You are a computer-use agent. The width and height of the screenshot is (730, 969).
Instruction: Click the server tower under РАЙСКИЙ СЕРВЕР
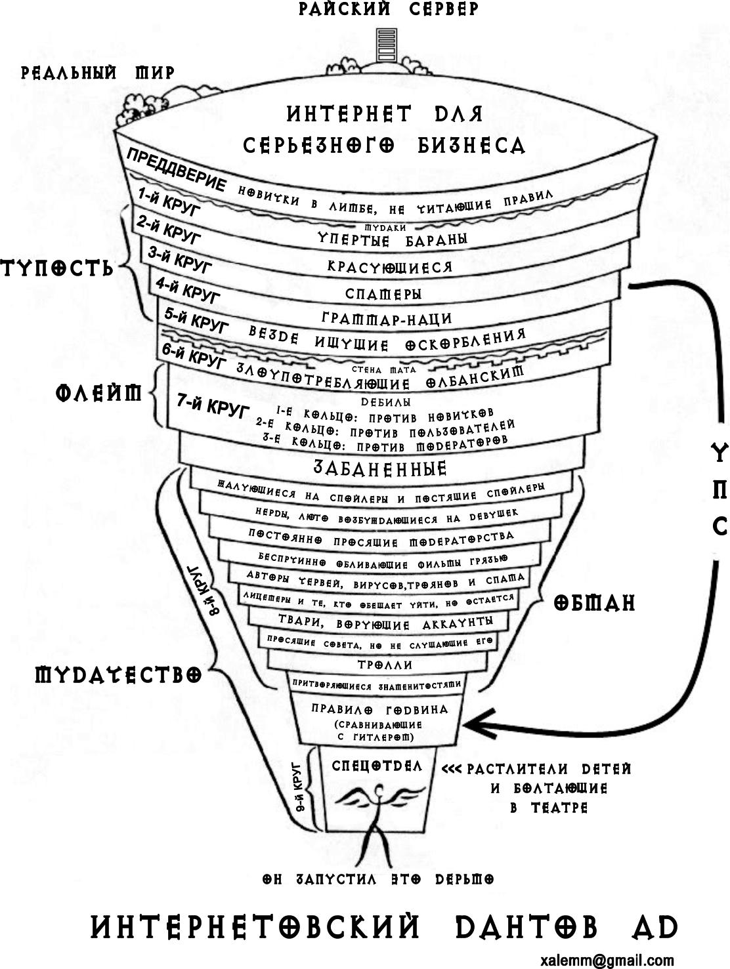tap(386, 45)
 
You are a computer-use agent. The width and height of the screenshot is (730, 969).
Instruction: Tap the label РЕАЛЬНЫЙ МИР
tap(98, 72)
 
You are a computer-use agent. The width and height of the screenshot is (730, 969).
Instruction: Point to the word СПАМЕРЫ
tap(383, 295)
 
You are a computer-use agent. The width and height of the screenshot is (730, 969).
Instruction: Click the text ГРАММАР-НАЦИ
tap(387, 319)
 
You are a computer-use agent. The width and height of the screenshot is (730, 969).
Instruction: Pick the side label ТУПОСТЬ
tap(57, 268)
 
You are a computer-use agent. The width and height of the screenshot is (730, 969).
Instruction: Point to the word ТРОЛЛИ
tap(385, 665)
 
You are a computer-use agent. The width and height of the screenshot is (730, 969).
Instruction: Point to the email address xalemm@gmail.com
tap(607, 960)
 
